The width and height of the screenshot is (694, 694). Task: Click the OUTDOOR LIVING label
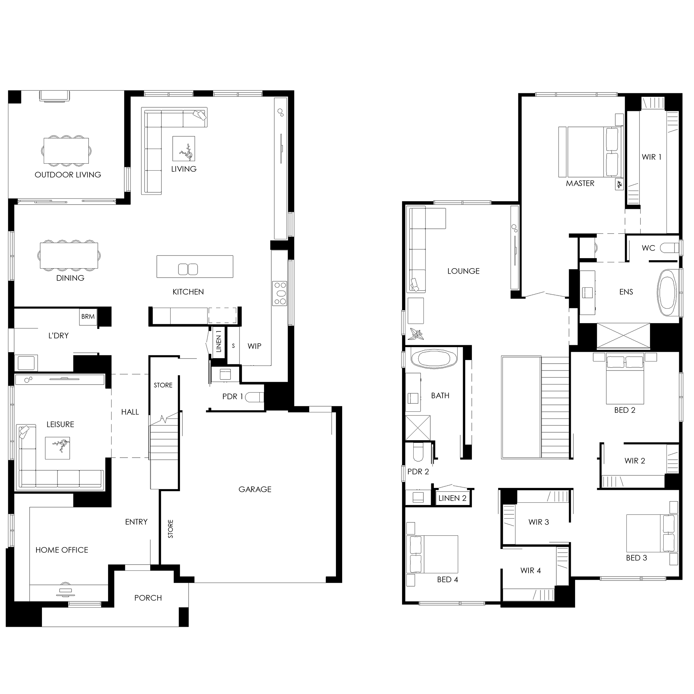tap(68, 175)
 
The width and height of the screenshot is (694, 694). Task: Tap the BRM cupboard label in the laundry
tap(88, 317)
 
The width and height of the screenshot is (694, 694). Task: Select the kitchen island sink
tap(188, 269)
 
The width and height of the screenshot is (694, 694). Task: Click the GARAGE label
tap(255, 489)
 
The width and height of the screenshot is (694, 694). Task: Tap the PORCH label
tap(148, 598)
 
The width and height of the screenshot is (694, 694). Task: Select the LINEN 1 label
tap(219, 342)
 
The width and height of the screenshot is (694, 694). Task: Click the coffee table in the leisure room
tap(57, 448)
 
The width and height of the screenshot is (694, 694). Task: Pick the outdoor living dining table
tap(66, 150)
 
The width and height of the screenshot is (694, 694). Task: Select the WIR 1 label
tap(651, 157)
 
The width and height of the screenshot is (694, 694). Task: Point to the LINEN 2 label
tap(452, 498)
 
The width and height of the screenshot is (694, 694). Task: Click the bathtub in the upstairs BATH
tap(434, 359)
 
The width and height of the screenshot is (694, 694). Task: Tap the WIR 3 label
tap(538, 522)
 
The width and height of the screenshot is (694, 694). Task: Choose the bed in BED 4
tap(432, 554)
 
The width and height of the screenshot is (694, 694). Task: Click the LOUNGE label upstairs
tap(464, 271)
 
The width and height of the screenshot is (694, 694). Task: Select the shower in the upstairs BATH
tap(418, 428)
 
